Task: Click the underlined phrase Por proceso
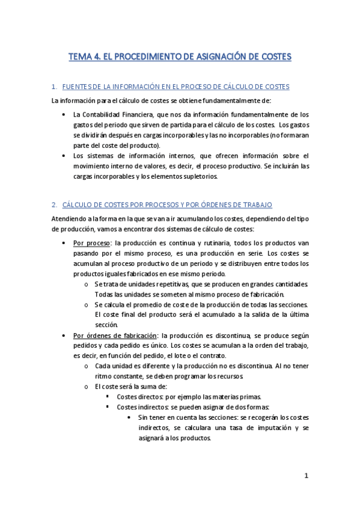pyautogui.click(x=87, y=243)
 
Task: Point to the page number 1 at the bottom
pyautogui.click(x=305, y=476)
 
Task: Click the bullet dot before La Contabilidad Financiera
pyautogui.click(x=64, y=114)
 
